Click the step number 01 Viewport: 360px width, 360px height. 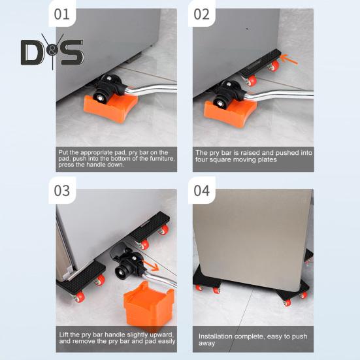pos(62,14)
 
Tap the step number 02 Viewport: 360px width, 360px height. pos(202,14)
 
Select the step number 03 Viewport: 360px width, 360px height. pos(62,191)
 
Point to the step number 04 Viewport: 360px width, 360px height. pos(202,191)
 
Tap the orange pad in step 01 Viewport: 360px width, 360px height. pos(110,107)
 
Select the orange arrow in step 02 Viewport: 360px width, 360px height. pos(289,59)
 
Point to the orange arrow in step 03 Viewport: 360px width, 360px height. pos(151,266)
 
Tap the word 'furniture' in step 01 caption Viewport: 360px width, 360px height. pos(162,159)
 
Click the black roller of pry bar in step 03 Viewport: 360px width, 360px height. pos(123,271)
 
